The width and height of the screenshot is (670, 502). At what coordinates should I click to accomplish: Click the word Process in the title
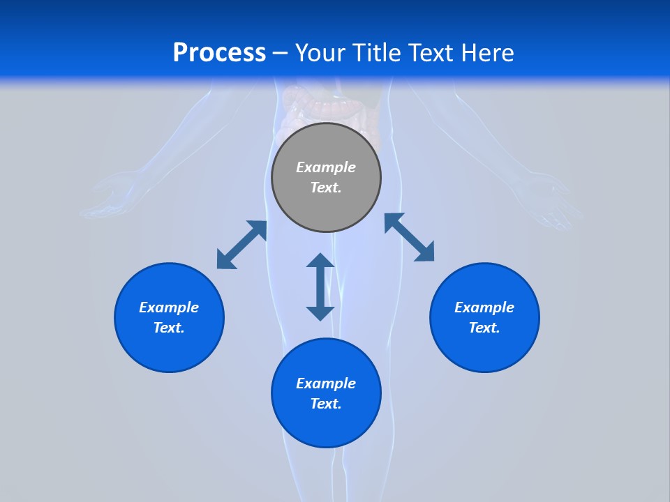[219, 53]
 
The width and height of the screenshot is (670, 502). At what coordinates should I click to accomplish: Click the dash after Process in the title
[281, 54]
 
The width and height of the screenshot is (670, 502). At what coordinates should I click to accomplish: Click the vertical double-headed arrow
[320, 287]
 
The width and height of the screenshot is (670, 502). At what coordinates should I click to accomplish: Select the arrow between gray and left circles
[241, 245]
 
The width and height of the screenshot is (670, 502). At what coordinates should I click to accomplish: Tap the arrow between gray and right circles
[410, 237]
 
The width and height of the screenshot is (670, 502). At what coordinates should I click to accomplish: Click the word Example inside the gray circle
[326, 167]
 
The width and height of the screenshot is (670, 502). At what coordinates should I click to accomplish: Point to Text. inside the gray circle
[326, 188]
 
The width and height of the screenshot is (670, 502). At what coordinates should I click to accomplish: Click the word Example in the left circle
[169, 307]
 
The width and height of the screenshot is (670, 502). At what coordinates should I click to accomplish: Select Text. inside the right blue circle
[484, 328]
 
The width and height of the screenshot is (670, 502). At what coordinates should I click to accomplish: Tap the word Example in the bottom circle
[326, 383]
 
